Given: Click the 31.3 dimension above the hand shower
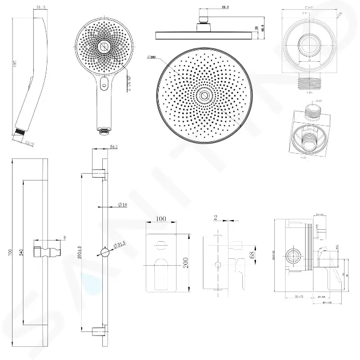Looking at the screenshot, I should pyautogui.click(x=23, y=7).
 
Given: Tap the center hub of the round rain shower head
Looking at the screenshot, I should pyautogui.click(x=203, y=94).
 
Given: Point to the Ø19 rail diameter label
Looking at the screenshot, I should pyautogui.click(x=122, y=205).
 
